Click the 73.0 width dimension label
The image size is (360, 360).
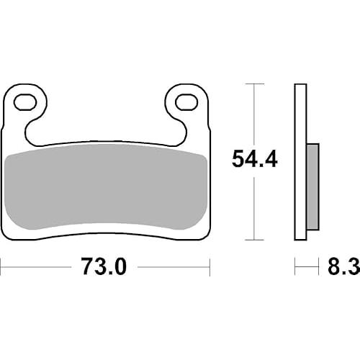coord(104,266)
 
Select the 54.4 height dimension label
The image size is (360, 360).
coord(255,158)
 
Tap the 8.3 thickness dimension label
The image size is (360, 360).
coord(343,266)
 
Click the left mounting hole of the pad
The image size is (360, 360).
coord(25,102)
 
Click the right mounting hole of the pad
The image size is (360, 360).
coord(186,102)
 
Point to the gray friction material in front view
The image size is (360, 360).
coord(106,186)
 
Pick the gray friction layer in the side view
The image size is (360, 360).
coord(312,187)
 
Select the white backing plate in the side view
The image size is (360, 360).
coord(300,162)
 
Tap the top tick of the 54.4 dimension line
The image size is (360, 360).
coord(254,84)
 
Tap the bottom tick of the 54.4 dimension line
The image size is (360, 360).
coord(254,240)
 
